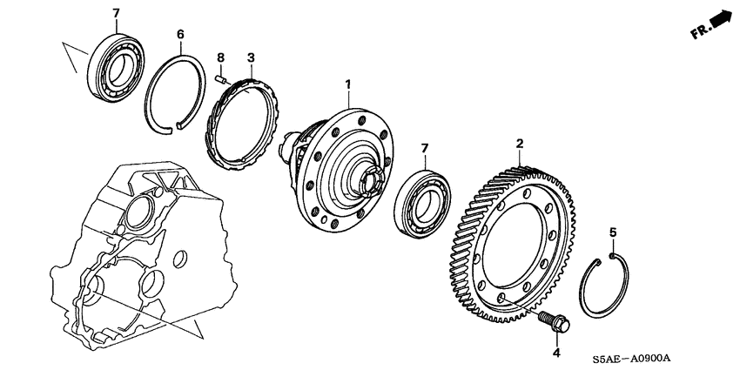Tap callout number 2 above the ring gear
click(519, 143)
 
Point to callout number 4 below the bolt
click(555, 352)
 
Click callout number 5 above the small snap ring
click(612, 232)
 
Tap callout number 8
click(221, 58)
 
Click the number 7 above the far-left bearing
click(117, 12)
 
